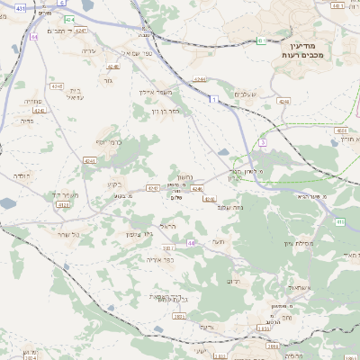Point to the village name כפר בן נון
[168, 110]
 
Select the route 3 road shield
[263, 142]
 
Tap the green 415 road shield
[340, 220]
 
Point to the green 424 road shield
[69, 19]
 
